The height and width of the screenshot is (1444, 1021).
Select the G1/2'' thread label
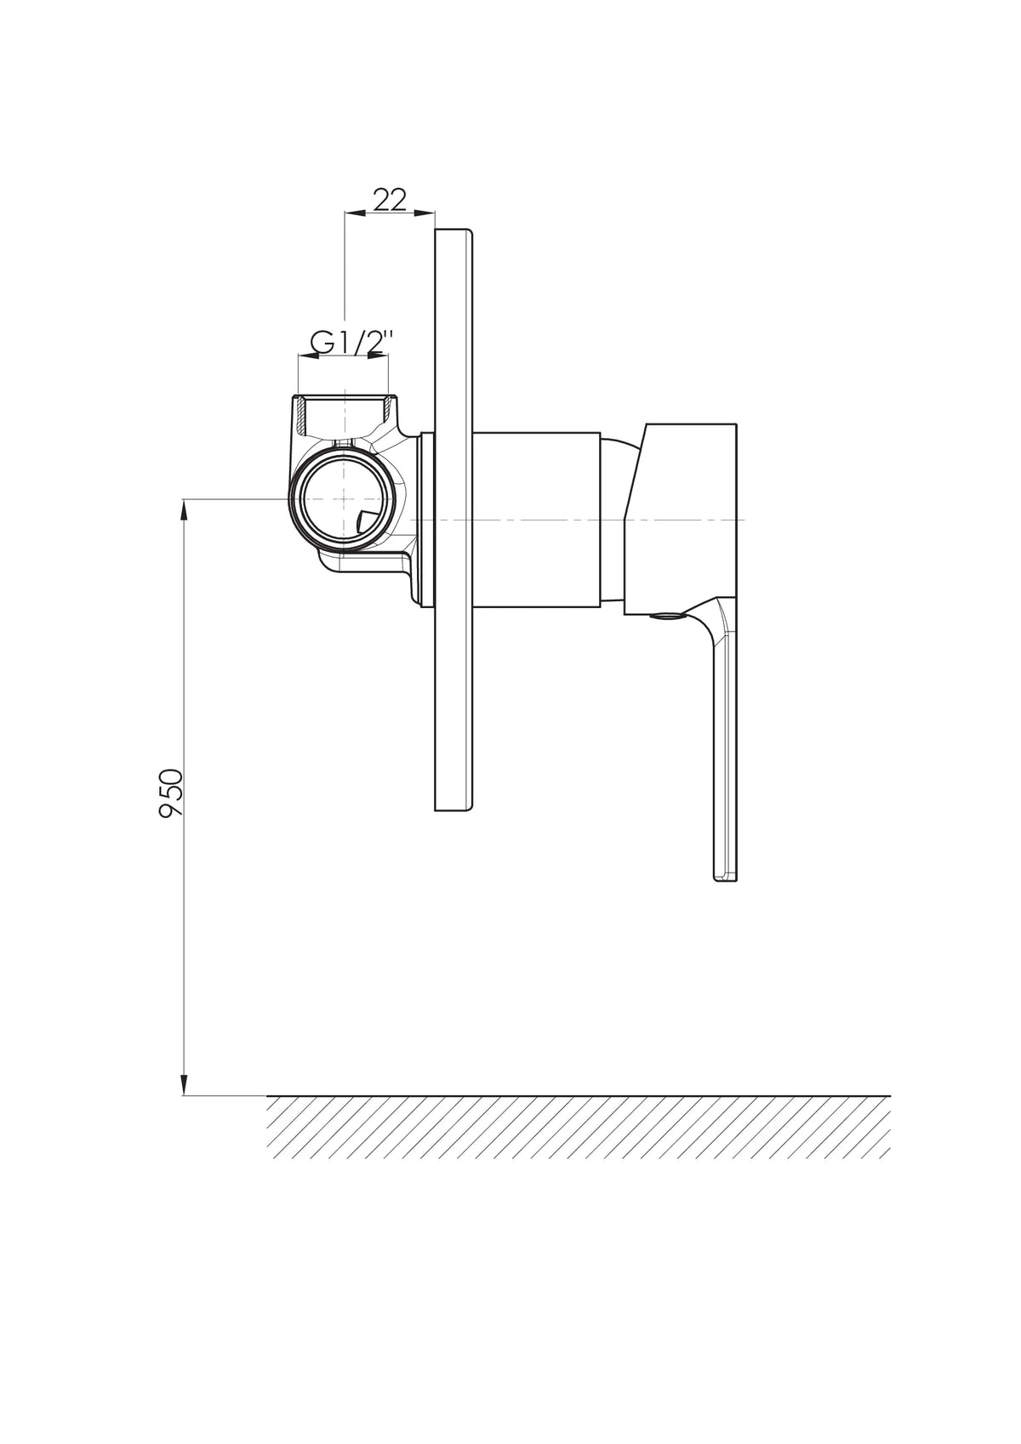[x=351, y=344]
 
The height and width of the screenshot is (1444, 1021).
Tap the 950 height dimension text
[x=172, y=793]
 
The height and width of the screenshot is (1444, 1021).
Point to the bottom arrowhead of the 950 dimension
[x=185, y=1084]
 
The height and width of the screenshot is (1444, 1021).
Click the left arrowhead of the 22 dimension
[x=356, y=212]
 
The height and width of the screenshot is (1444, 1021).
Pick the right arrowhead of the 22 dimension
[x=425, y=212]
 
